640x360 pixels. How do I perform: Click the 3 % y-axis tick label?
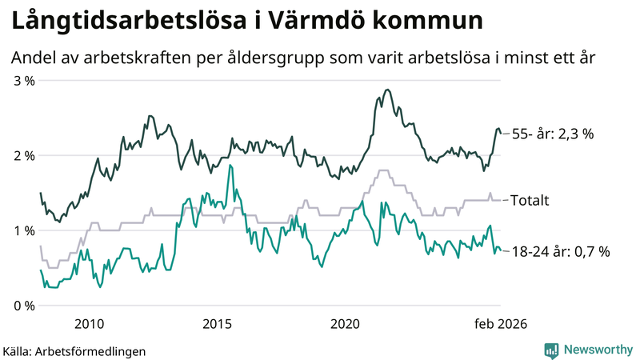coord(24,81)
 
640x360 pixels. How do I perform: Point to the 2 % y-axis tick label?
coord(24,156)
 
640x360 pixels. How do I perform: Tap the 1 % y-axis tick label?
coord(24,231)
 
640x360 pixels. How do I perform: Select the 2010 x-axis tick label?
coord(89,324)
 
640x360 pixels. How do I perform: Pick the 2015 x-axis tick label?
coord(217,324)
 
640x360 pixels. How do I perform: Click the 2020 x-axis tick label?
coord(345,324)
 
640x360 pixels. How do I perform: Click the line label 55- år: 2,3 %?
coord(552,134)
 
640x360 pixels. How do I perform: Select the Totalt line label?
coord(530,200)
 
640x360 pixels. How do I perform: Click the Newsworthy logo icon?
coord(551,350)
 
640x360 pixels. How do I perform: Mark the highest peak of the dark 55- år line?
coord(387,90)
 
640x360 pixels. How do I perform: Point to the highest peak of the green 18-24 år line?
coord(230,166)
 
